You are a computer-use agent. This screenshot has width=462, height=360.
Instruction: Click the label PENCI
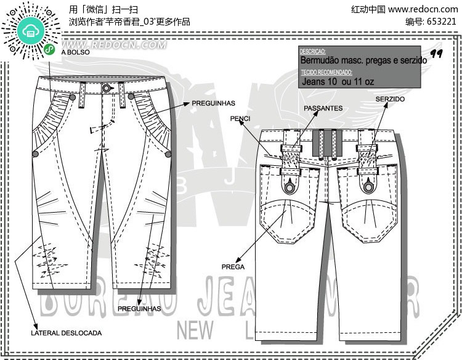(x=240, y=117)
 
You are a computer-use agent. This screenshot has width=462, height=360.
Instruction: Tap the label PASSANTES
(x=323, y=108)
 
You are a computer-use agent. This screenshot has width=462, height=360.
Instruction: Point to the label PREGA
(x=233, y=267)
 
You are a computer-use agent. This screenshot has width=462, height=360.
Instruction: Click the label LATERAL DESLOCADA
(x=67, y=333)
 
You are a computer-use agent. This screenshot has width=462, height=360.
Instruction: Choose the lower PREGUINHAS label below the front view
(x=139, y=308)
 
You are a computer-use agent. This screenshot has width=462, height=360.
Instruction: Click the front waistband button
(x=107, y=88)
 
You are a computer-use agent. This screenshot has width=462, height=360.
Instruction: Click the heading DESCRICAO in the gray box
(x=313, y=52)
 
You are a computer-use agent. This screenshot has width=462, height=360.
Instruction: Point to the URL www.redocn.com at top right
(x=423, y=9)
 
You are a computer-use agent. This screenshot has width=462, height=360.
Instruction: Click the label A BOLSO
(x=75, y=53)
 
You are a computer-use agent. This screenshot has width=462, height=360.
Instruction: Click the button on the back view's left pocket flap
(x=289, y=186)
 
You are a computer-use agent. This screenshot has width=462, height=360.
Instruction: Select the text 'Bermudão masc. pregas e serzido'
(x=363, y=61)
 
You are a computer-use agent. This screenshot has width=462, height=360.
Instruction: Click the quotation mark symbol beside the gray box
(x=437, y=54)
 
